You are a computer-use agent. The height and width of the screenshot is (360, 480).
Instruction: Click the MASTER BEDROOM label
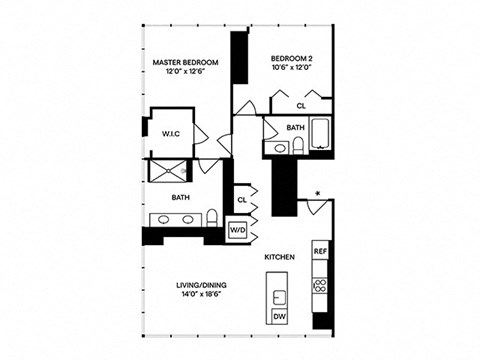click(x=185, y=61)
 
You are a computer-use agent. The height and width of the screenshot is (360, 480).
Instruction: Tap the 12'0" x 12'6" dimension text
click(x=185, y=72)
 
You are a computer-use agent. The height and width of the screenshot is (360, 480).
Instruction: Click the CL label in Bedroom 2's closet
click(x=302, y=105)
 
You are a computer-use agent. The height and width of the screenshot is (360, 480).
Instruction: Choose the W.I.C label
click(x=169, y=132)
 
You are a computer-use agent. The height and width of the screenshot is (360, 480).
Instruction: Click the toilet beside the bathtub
click(x=298, y=147)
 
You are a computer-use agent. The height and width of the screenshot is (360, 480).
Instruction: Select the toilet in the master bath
click(x=213, y=219)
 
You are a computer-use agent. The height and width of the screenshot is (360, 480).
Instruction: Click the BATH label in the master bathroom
click(x=180, y=198)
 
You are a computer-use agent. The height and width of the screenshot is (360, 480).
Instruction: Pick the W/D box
click(x=237, y=231)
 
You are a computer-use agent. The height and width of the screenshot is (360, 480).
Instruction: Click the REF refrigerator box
click(x=320, y=251)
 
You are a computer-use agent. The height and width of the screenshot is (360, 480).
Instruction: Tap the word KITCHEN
click(x=279, y=258)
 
